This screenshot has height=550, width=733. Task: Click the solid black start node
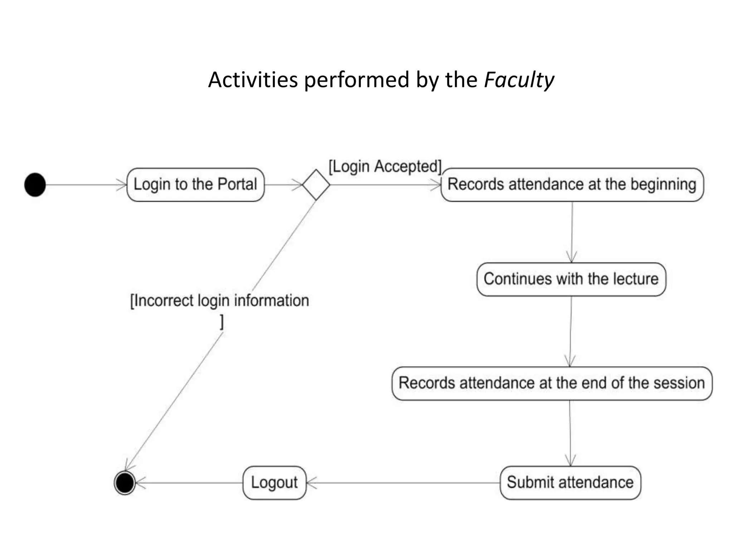pyautogui.click(x=35, y=185)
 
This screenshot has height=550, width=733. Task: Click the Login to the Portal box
pyautogui.click(x=195, y=185)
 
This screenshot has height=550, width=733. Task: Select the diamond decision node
pyautogui.click(x=316, y=185)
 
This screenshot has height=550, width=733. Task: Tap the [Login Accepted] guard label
pyautogui.click(x=385, y=167)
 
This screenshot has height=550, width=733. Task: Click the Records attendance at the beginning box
pyautogui.click(x=572, y=185)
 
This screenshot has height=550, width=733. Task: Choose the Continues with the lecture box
pyautogui.click(x=571, y=279)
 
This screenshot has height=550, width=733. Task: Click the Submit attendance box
pyautogui.click(x=570, y=483)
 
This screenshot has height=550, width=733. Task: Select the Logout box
pyautogui.click(x=275, y=483)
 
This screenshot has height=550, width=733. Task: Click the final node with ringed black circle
pyautogui.click(x=125, y=483)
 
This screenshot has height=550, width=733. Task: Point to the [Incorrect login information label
pyautogui.click(x=219, y=301)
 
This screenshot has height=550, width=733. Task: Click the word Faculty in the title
pyautogui.click(x=519, y=80)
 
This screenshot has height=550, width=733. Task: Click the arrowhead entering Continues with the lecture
pyautogui.click(x=572, y=258)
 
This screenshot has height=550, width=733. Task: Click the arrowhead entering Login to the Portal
pyautogui.click(x=122, y=185)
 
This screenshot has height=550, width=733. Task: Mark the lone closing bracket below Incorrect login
pyautogui.click(x=222, y=322)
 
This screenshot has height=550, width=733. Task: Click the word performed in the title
pyautogui.click(x=356, y=80)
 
